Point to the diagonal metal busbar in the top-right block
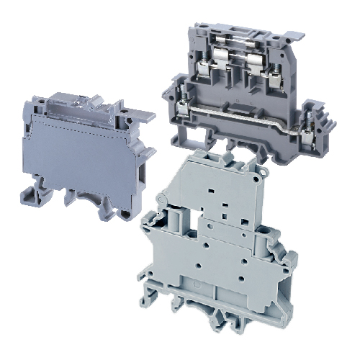pos(245,113)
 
